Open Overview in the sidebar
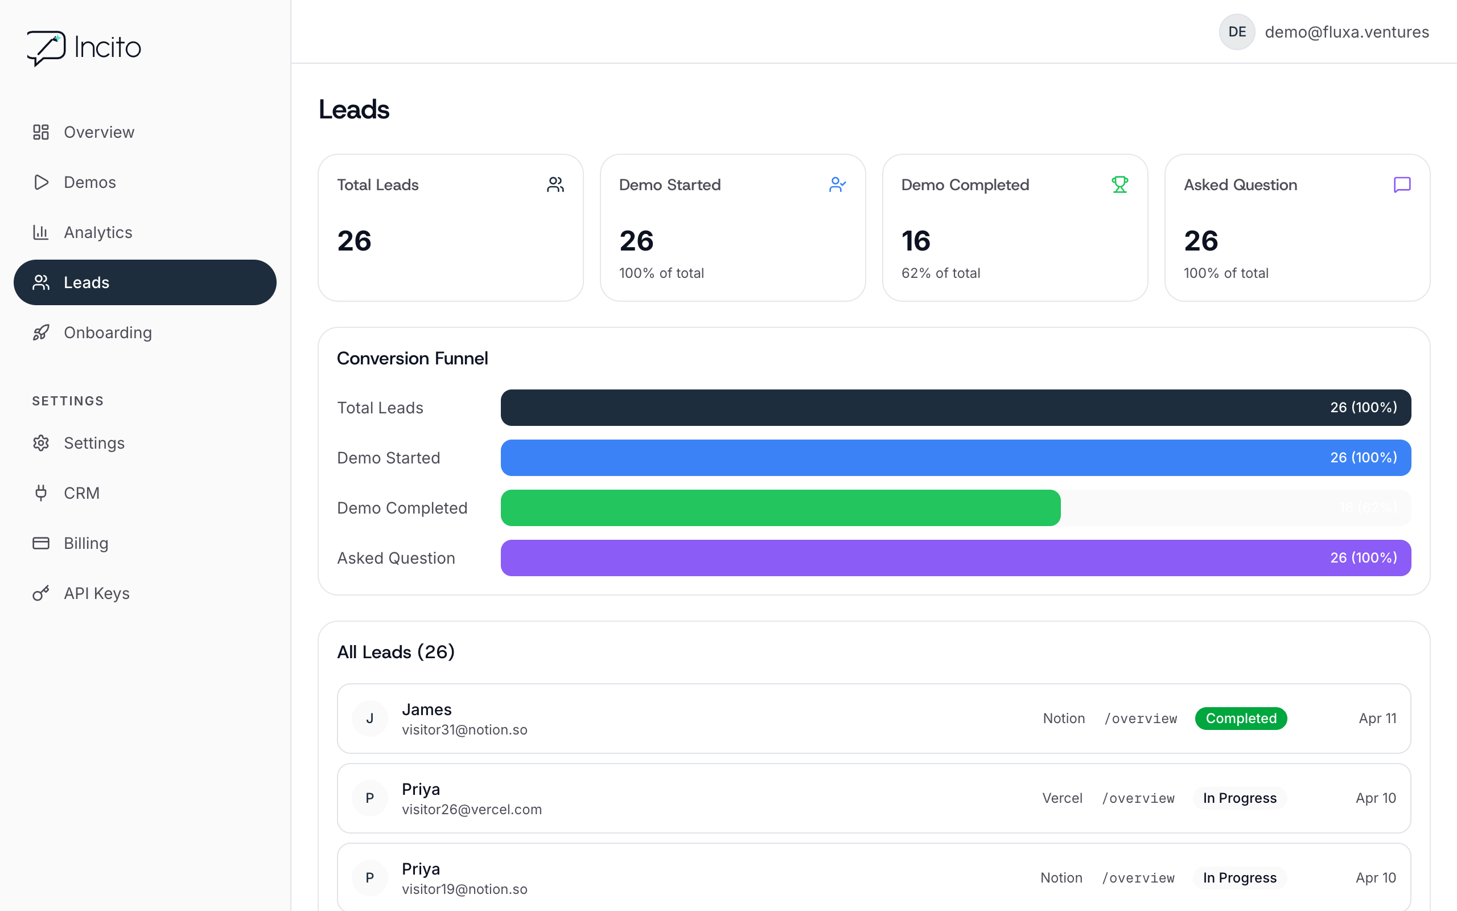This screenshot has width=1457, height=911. pos(98,132)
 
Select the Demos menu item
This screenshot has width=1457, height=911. pos(90,182)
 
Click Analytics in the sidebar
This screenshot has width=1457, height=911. pos(97,232)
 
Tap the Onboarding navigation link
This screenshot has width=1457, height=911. pos(107,333)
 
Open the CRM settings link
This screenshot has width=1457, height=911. pos(81,493)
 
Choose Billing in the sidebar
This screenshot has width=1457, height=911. pos(85,543)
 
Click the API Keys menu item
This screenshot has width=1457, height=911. pos(96,593)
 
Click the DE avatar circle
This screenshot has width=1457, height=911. pos(1237,32)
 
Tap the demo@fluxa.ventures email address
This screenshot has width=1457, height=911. pos(1347,32)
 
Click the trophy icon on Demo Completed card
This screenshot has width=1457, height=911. pos(1119,184)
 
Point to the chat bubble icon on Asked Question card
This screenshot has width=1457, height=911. pos(1402,184)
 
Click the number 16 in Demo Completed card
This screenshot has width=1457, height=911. pos(916,241)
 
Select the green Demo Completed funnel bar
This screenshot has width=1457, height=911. pos(780,507)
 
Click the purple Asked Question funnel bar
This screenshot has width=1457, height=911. pos(956,557)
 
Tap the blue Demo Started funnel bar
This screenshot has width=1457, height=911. pos(956,457)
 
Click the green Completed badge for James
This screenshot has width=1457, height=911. pos(1241,718)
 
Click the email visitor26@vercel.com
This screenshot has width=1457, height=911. pos(471,809)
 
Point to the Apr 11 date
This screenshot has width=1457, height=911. pos(1377,718)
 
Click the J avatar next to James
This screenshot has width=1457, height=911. pos(370,718)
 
